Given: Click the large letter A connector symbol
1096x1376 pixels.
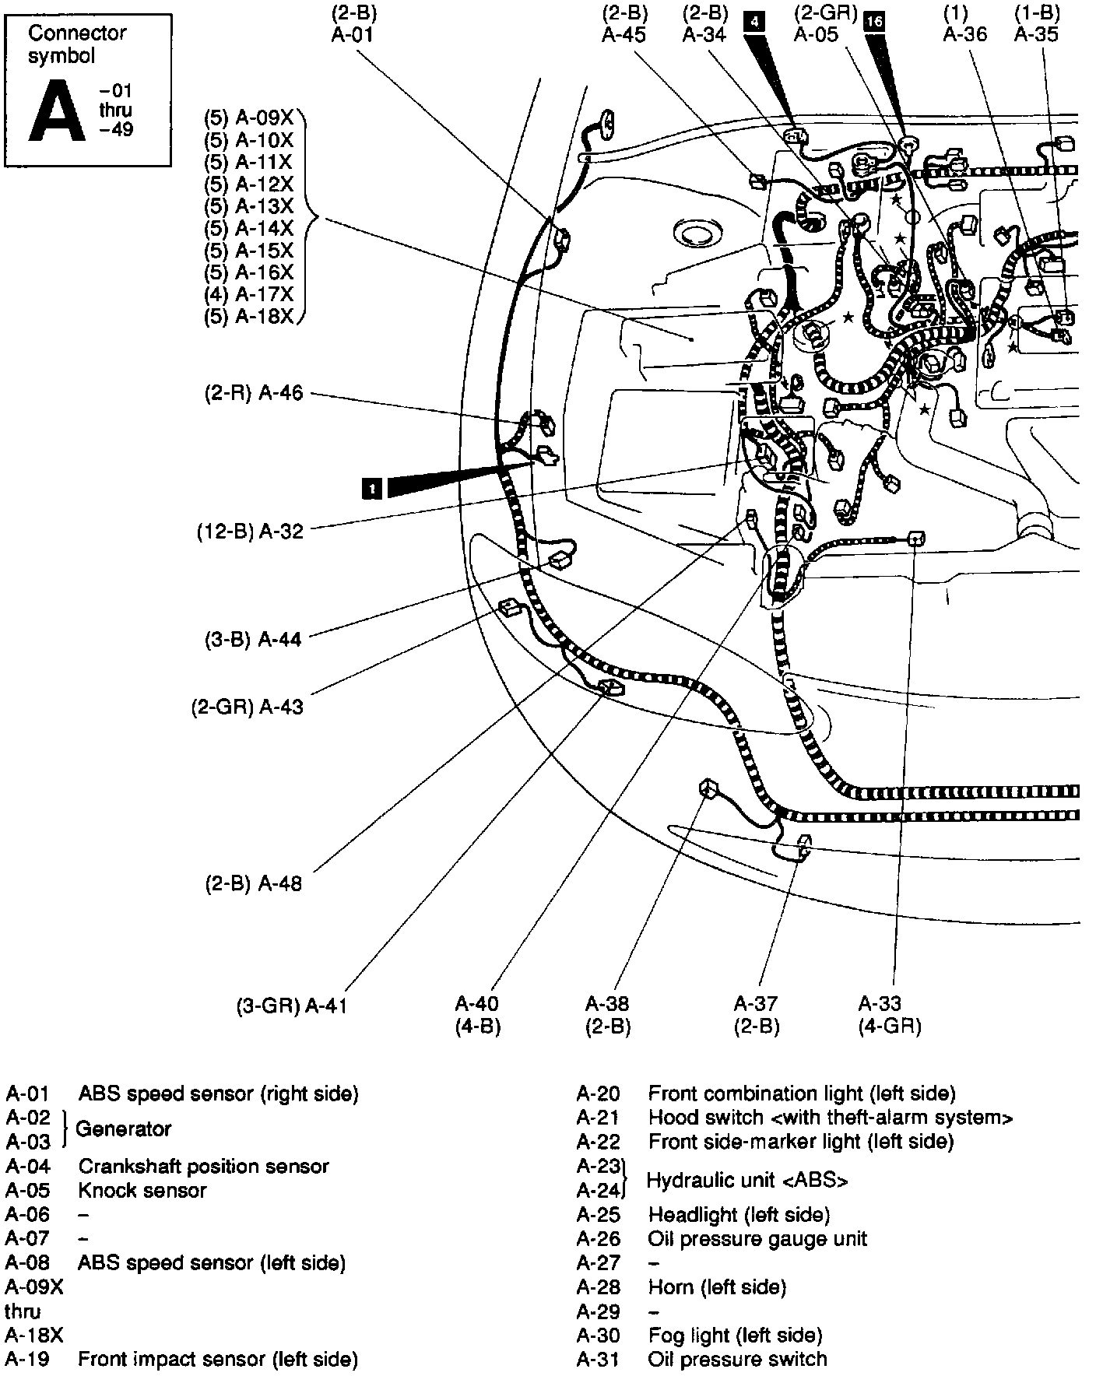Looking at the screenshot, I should coord(56,110).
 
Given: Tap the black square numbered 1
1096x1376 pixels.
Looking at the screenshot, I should coord(373,488).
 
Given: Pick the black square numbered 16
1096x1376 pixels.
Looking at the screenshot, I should coord(874,22).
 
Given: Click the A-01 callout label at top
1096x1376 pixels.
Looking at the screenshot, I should coord(353,35).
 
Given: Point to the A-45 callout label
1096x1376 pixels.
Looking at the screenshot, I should coord(624,35).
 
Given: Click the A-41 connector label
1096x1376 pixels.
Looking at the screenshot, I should coord(325,1006).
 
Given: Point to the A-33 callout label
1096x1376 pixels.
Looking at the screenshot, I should coord(880,1004).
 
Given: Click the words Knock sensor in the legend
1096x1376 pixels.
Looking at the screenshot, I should coord(142,1190).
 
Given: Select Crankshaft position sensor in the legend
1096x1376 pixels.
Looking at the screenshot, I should coord(203,1166).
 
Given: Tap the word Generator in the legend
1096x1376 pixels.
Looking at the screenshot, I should coord(123,1129).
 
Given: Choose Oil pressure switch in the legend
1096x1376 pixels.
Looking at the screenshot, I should coord(736,1360).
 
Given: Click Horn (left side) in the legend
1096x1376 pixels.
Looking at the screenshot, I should coord(717,1287).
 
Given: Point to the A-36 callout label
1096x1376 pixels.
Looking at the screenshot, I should coord(964,35).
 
